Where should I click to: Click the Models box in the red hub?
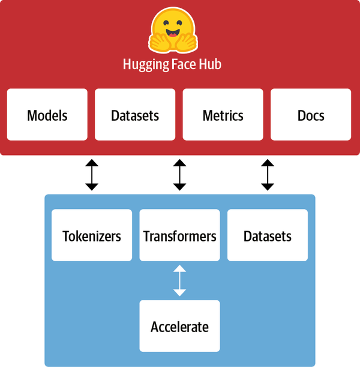(x=47, y=115)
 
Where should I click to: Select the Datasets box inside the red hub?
(x=135, y=115)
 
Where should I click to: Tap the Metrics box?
(x=223, y=115)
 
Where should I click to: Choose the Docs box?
(x=311, y=115)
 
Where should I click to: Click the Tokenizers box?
(x=92, y=235)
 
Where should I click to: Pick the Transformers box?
(x=179, y=235)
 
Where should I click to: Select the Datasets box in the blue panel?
(x=268, y=235)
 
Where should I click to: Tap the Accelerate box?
(x=179, y=327)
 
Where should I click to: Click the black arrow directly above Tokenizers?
(x=92, y=175)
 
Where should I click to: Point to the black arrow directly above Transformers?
(x=179, y=175)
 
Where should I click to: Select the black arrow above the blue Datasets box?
(x=268, y=175)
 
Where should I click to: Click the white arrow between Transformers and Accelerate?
(x=179, y=281)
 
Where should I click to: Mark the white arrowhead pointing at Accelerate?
(x=179, y=293)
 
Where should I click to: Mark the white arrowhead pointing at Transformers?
(x=179, y=268)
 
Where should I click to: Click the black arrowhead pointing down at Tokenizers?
(x=92, y=186)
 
